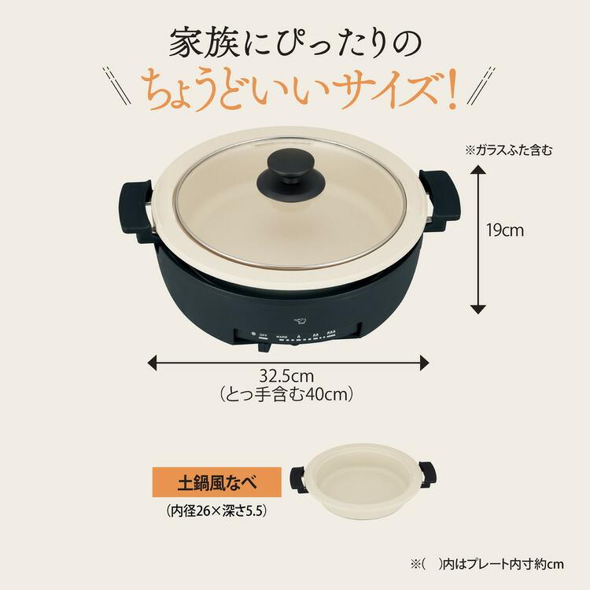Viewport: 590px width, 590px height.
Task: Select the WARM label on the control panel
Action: [282, 336]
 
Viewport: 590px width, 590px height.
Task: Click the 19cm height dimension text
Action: [504, 230]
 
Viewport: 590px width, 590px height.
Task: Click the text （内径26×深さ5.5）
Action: [217, 511]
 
